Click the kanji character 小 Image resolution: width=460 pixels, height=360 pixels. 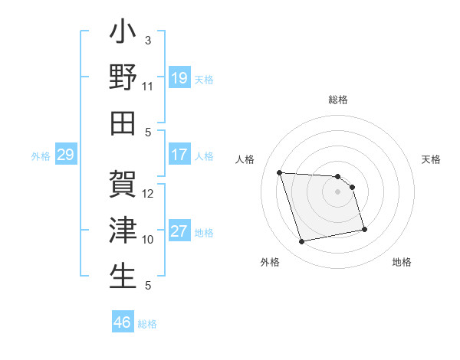123,34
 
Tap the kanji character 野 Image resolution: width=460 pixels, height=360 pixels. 123,78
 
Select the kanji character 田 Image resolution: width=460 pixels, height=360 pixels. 123,123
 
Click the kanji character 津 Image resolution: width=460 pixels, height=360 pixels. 123,231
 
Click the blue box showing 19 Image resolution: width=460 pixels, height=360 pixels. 179,78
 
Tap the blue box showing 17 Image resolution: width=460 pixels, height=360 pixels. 179,155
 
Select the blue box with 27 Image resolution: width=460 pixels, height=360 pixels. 179,231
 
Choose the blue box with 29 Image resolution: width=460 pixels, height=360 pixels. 65,155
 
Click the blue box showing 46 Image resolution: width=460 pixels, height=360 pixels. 123,322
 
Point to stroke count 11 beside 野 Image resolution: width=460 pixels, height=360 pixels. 148,87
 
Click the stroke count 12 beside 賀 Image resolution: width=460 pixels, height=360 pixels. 148,194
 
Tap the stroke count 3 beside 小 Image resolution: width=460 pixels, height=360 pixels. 148,41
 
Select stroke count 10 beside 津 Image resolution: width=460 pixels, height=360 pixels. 148,240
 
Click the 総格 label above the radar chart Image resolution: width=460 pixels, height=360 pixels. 338,100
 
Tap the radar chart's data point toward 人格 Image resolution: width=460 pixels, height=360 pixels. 280,172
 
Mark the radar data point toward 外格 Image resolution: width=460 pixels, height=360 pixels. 302,242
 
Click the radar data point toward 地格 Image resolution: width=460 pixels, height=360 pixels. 364,229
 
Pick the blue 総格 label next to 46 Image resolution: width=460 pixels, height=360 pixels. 147,323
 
